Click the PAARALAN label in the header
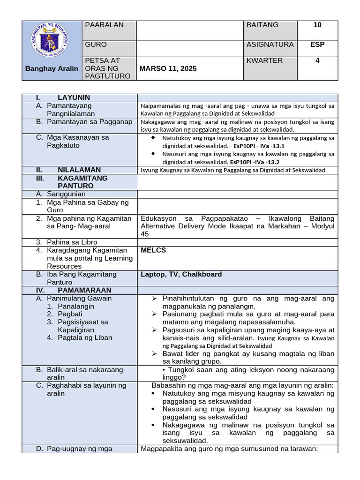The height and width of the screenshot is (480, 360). pos(104,25)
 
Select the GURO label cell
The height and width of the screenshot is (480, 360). pos(96,45)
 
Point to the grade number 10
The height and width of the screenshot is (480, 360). pos(317,25)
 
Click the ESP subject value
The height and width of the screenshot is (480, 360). pos(317,45)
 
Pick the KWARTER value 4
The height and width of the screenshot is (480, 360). pos(317,60)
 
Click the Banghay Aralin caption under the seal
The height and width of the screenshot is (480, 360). pos(52,68)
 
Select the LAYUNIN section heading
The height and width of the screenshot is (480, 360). pos(74,97)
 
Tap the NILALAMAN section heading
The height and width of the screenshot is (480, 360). pos(79,170)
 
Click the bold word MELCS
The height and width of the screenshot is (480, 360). pos(153,250)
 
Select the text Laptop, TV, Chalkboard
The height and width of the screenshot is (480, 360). pos(181,274)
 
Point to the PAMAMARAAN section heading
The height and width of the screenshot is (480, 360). pos(84,290)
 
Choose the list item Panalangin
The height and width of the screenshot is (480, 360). pos(76,306)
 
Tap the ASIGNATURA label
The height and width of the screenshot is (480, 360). pos(270,45)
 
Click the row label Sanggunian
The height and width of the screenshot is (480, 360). pos(66,194)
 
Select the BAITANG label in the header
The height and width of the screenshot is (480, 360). pos(262,25)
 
